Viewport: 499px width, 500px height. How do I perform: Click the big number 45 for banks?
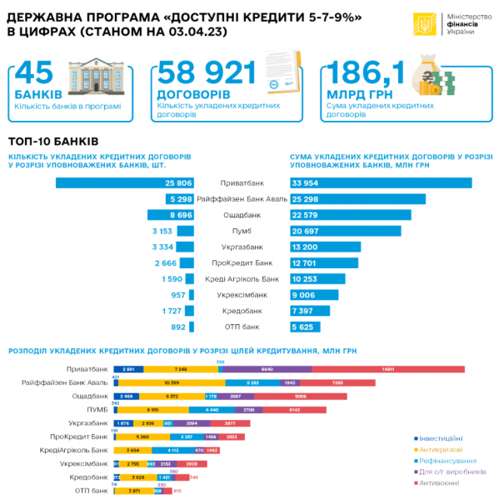click(x=37, y=75)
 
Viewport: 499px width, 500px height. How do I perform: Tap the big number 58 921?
click(x=206, y=75)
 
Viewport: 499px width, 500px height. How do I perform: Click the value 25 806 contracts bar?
click(x=125, y=182)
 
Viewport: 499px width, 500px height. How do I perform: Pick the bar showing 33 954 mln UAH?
click(x=380, y=182)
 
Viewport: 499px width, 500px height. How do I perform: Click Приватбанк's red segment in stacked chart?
click(x=387, y=369)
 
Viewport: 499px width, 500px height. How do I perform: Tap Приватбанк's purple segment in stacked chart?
click(x=267, y=369)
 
